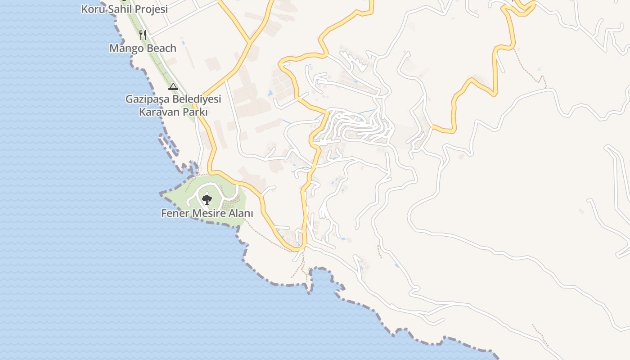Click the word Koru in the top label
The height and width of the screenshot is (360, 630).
tap(92, 9)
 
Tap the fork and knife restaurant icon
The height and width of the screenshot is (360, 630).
tap(143, 35)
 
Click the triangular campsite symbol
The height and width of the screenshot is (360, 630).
tap(173, 86)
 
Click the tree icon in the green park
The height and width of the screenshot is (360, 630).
tap(207, 199)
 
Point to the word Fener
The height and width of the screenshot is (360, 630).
tap(175, 213)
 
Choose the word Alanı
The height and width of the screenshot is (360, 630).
tap(241, 213)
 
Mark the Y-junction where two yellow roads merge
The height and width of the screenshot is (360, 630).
tap(249, 43)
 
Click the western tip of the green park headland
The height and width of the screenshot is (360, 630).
tap(162, 194)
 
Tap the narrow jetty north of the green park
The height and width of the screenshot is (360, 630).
tap(167, 143)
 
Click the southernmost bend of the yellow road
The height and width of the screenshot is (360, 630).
tap(297, 248)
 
